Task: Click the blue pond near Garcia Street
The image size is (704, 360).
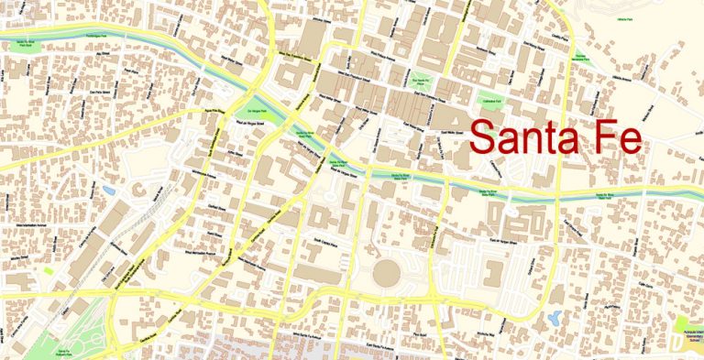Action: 554,320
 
